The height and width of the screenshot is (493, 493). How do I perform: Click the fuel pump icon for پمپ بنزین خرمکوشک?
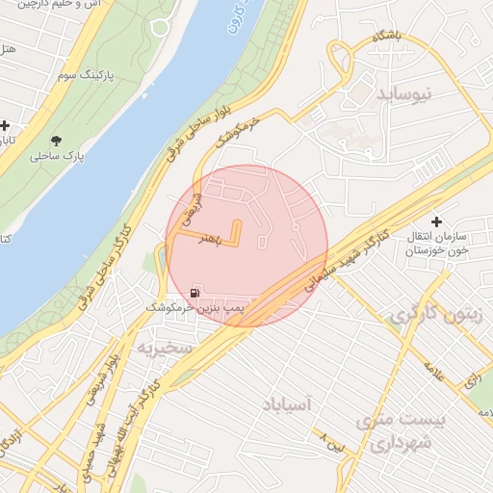[x=196, y=293]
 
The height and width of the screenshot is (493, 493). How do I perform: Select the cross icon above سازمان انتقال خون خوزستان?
[x=437, y=221]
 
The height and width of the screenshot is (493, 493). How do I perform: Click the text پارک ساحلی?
[x=56, y=155]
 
